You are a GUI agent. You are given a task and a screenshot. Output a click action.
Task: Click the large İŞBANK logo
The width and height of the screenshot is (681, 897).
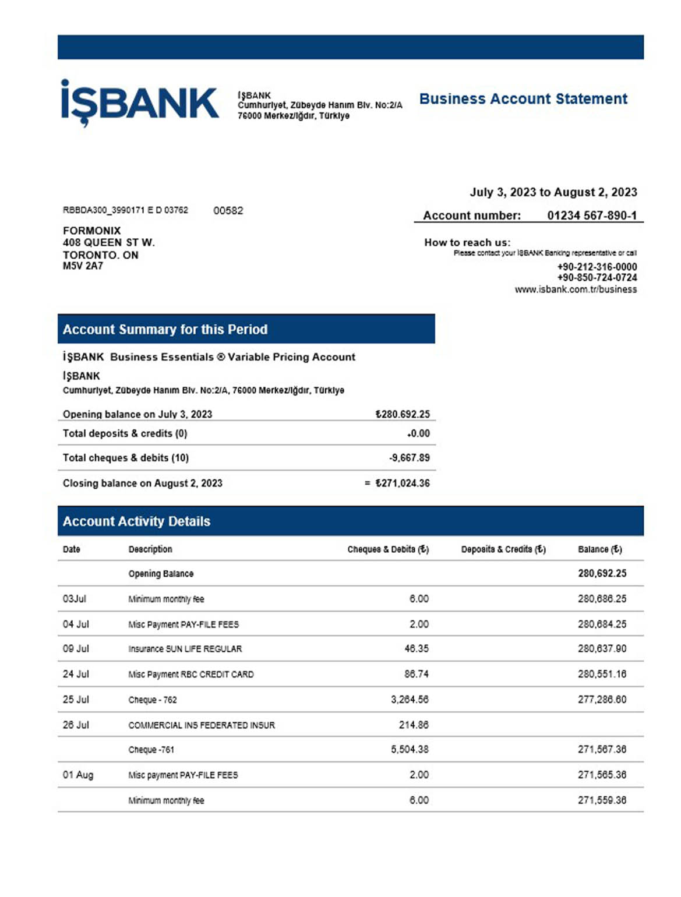tap(140, 103)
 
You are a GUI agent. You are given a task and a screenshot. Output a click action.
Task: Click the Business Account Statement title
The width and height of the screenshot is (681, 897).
tap(523, 99)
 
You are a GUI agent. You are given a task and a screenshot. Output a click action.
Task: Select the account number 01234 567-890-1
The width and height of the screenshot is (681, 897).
tap(591, 216)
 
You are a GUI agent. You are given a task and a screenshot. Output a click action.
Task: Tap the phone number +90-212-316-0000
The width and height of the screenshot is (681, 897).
tap(597, 267)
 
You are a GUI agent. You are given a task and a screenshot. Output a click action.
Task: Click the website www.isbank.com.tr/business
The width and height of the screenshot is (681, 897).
tap(575, 289)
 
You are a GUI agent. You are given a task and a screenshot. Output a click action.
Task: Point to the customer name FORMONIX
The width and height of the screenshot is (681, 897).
tap(92, 231)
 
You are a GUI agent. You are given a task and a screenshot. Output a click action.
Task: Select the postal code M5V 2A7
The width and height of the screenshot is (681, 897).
tap(83, 266)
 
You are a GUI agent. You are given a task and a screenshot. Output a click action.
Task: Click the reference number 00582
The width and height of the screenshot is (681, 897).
tap(228, 211)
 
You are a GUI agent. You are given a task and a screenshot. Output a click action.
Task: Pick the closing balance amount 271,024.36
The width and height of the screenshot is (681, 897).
tap(403, 483)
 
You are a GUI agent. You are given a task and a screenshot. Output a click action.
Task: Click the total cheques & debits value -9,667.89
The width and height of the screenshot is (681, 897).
tap(409, 458)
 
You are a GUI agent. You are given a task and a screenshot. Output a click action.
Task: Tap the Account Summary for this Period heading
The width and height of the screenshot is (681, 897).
tap(165, 330)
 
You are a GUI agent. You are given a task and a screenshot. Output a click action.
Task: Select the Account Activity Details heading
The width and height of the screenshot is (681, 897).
tap(136, 521)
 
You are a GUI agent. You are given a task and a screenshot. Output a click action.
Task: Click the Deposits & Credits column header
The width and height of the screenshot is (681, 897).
tap(503, 549)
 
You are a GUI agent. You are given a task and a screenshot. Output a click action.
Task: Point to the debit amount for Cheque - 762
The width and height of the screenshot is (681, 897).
tap(410, 700)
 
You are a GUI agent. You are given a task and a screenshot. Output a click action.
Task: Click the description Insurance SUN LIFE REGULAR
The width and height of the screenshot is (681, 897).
tap(185, 649)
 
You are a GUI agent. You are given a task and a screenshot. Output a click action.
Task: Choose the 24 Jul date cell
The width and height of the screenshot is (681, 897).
tap(76, 674)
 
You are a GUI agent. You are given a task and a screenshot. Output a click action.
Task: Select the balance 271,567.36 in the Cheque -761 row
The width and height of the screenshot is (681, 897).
tap(602, 750)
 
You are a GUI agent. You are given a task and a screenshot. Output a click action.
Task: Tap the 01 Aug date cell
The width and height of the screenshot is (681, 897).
tap(78, 775)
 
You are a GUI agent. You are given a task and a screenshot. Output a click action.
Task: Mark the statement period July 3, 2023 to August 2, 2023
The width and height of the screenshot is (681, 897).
tap(553, 192)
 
